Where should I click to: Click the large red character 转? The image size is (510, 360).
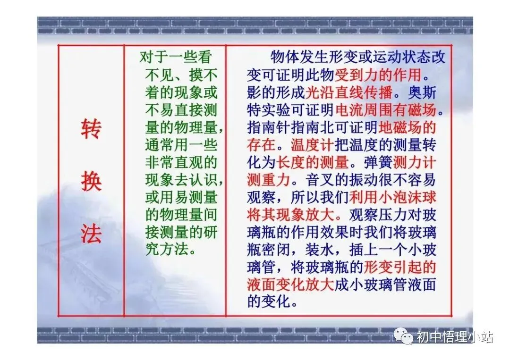[91, 129]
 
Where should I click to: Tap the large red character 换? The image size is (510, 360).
[91, 181]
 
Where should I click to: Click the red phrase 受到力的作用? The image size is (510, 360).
[378, 75]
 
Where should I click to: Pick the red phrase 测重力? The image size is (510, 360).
[268, 180]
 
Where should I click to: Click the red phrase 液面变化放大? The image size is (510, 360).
[290, 283]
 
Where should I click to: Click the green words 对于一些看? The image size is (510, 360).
[176, 58]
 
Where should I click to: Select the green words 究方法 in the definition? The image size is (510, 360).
[170, 249]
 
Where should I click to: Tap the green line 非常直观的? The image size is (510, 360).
[180, 162]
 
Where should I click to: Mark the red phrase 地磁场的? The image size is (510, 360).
[408, 127]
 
